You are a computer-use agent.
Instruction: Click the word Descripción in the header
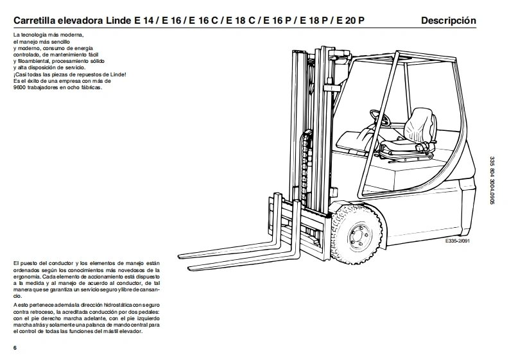pos(448,21)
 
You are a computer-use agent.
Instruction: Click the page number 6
pos(15,347)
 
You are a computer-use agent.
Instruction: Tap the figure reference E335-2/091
pos(457,242)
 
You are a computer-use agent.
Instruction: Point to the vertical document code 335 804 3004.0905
pos(492,184)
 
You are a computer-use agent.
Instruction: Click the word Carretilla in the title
pos(36,21)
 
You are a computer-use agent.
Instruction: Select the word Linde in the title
pos(117,21)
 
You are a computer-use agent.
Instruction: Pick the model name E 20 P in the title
pos(350,21)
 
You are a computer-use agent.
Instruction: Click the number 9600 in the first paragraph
pos(20,87)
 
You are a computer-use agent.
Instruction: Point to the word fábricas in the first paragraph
pos(91,87)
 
